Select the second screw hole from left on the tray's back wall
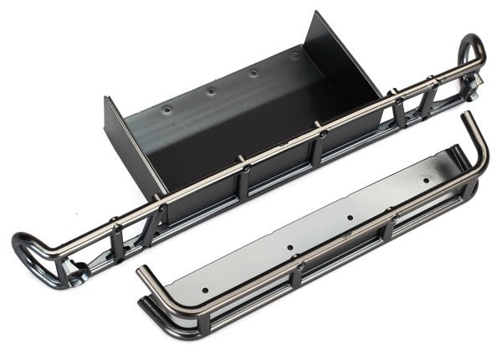(210, 90)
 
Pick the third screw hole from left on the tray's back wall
(253, 73)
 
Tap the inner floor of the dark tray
(243, 126)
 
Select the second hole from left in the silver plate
(289, 248)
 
